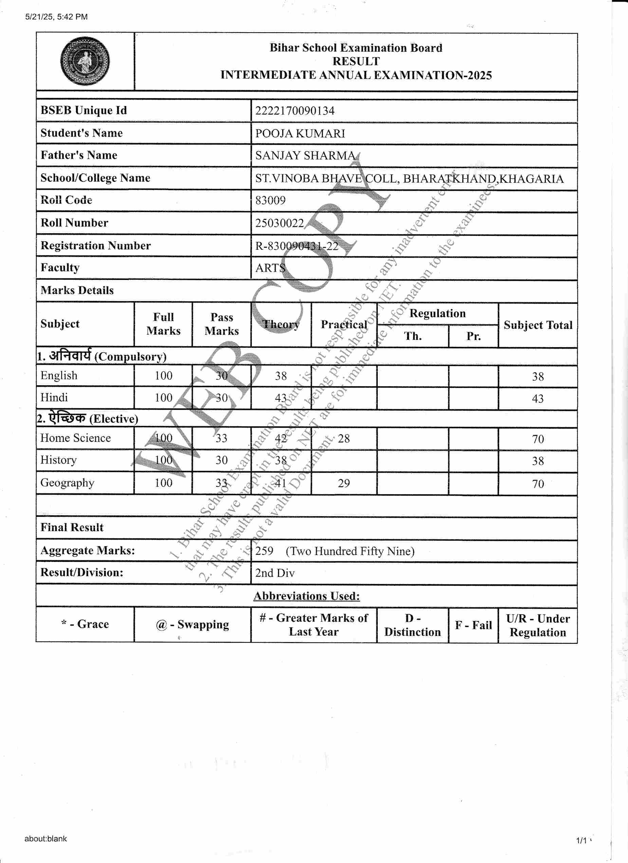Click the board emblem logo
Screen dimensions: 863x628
coord(85,61)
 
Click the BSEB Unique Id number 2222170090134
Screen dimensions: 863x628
coord(295,111)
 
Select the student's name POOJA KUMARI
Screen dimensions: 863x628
coord(300,134)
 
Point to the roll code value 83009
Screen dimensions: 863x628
coord(270,201)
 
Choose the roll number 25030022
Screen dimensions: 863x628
coord(279,223)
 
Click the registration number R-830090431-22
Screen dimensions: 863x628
coord(296,246)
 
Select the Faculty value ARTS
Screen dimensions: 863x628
coord(270,268)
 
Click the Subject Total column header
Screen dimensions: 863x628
coord(537,325)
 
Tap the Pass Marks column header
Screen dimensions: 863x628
coord(222,324)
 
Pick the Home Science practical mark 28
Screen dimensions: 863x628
coord(343,439)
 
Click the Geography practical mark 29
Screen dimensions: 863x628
coord(343,483)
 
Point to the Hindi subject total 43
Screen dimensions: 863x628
coord(537,399)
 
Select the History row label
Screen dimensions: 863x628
coord(59,460)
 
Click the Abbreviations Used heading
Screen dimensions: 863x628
coord(307,596)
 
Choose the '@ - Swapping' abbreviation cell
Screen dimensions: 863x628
coord(192,625)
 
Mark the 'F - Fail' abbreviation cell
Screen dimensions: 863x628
coord(473,625)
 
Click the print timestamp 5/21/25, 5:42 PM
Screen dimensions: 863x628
coord(56,17)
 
